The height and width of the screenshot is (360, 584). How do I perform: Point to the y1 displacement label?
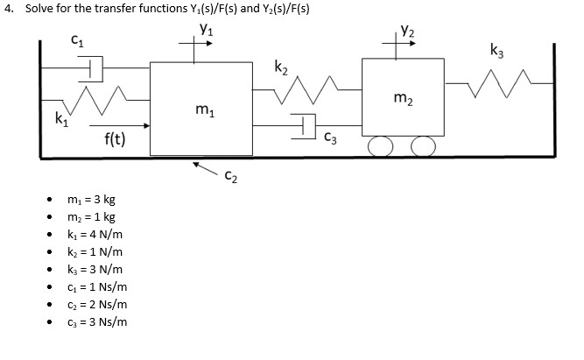(x=206, y=29)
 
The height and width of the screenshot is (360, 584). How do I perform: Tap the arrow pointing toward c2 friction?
(x=206, y=166)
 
